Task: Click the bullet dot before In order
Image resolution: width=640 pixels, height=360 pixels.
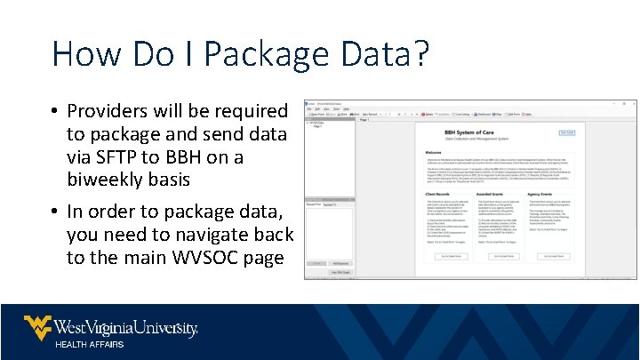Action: pos(55,213)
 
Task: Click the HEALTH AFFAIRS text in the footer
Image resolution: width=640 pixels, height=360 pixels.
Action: pos(90,344)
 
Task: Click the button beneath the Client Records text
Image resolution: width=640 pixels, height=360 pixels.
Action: pos(449,256)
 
